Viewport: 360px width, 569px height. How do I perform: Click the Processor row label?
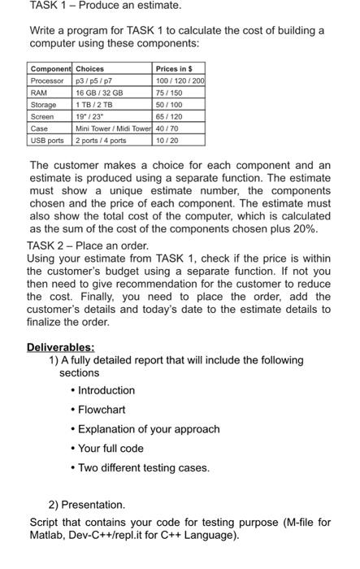(47, 80)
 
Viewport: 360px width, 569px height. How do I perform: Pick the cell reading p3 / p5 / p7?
(93, 80)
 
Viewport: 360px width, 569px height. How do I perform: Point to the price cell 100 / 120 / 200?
(180, 80)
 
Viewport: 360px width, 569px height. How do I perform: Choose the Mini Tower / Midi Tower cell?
(114, 128)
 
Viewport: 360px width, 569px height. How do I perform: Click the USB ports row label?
(47, 141)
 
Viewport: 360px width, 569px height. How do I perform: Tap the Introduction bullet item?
(106, 390)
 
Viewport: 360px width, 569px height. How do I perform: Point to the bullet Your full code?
(111, 448)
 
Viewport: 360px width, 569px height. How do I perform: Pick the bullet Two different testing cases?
(143, 467)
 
